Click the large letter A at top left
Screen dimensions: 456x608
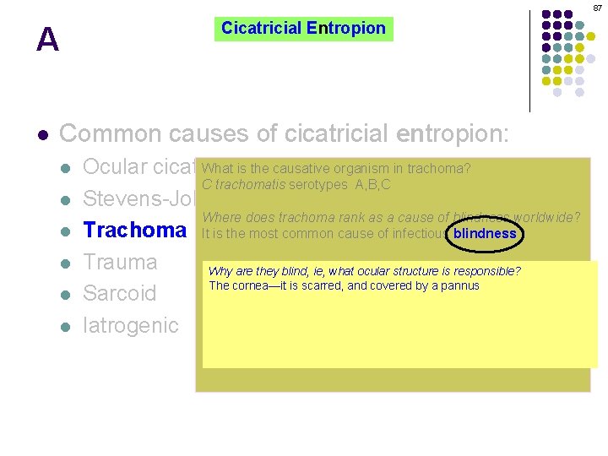(x=47, y=40)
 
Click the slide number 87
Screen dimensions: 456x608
(x=596, y=8)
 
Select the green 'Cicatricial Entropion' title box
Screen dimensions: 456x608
(x=303, y=29)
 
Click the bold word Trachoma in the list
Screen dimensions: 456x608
(x=134, y=230)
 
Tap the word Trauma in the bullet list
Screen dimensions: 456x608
(x=120, y=262)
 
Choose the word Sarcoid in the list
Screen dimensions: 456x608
(x=119, y=293)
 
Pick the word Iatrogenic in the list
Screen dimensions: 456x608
(x=131, y=325)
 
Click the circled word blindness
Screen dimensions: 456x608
(x=485, y=234)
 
